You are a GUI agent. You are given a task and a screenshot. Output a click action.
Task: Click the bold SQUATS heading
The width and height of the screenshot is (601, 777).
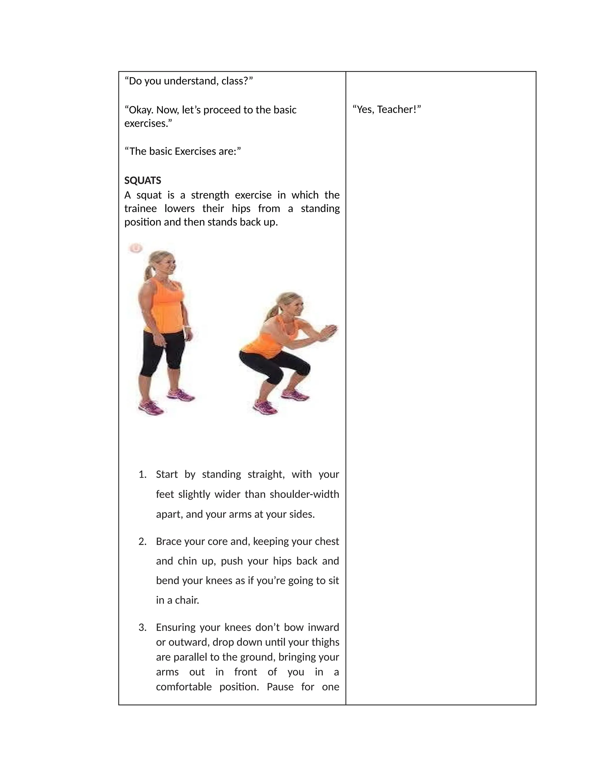(142, 181)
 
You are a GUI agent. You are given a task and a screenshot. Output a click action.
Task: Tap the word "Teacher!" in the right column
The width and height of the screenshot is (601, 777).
(399, 110)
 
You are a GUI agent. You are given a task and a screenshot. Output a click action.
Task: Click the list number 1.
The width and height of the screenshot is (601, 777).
(142, 474)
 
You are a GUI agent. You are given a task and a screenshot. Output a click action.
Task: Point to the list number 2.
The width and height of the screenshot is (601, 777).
(142, 541)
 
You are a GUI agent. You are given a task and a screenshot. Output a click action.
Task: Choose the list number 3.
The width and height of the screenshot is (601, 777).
(142, 627)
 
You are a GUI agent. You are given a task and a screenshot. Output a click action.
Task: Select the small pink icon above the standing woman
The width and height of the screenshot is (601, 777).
(136, 248)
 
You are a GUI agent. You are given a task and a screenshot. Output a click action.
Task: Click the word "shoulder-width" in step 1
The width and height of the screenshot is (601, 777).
(304, 494)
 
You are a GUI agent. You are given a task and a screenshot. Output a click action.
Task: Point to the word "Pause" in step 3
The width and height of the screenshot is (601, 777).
(280, 686)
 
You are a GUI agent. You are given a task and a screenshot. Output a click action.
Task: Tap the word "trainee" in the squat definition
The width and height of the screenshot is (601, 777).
(140, 208)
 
